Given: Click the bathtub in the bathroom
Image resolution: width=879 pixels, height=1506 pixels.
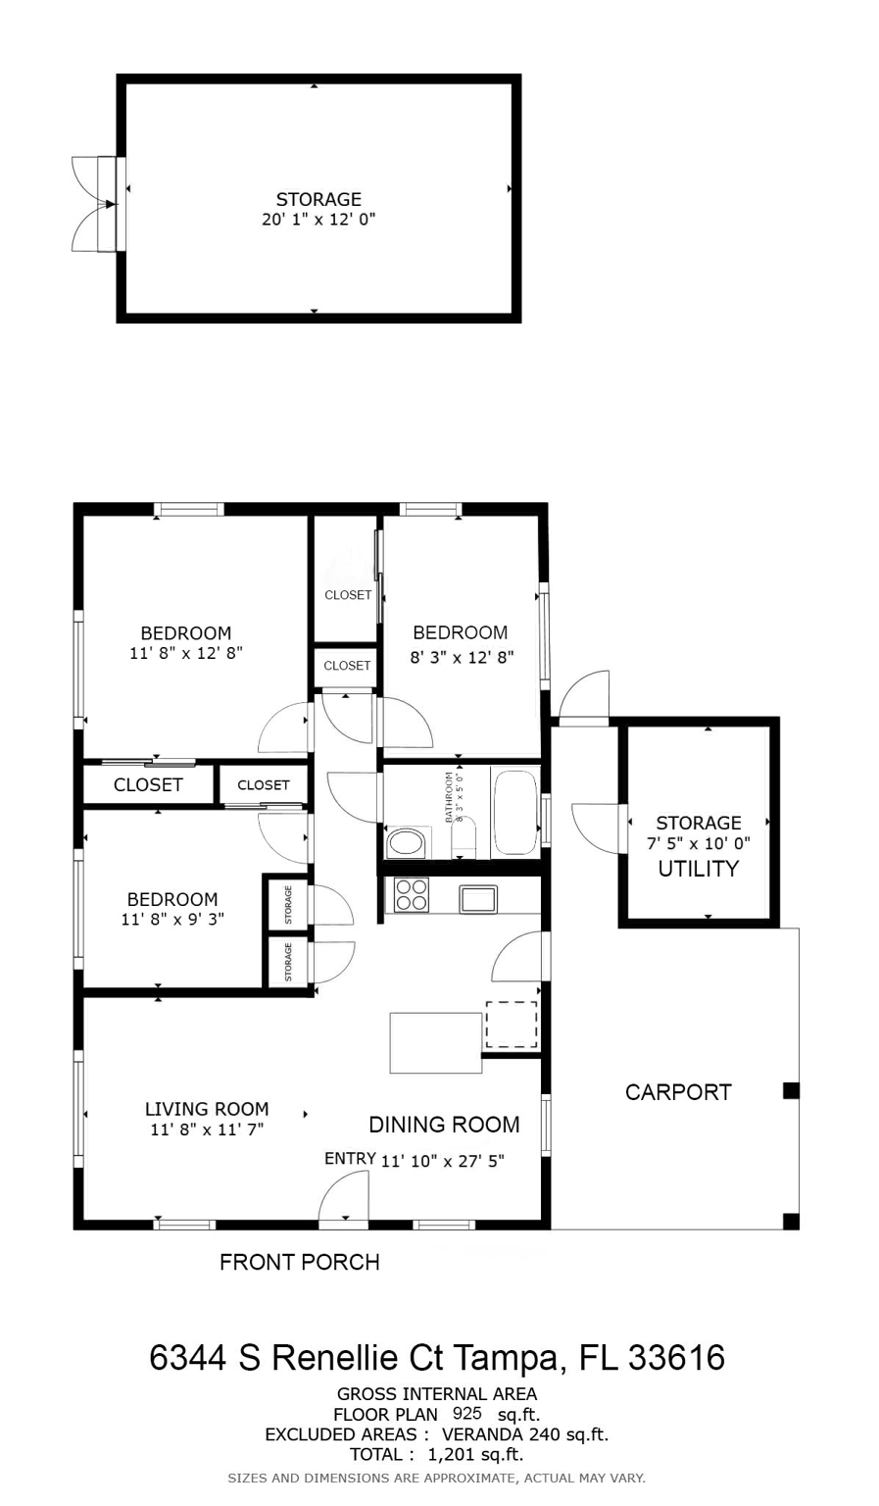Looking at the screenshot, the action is pyautogui.click(x=515, y=812).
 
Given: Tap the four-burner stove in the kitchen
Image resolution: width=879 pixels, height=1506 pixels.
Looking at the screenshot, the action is pyautogui.click(x=412, y=895).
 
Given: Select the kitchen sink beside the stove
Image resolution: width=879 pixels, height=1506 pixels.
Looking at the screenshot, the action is pyautogui.click(x=478, y=899).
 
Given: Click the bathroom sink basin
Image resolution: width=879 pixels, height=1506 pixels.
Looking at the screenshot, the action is pyautogui.click(x=407, y=843).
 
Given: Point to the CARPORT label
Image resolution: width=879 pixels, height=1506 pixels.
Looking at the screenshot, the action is pyautogui.click(x=678, y=1092).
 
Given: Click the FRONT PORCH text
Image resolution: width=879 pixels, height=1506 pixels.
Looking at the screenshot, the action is pyautogui.click(x=300, y=1262).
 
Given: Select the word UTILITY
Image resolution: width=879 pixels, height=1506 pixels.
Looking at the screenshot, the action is pyautogui.click(x=699, y=869).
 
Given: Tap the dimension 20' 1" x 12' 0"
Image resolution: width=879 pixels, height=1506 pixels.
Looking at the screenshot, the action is pyautogui.click(x=318, y=219).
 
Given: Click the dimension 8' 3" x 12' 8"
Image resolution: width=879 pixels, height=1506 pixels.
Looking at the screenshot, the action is pyautogui.click(x=463, y=657).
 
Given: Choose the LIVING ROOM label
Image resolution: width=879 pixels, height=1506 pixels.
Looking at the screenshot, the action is pyautogui.click(x=207, y=1109).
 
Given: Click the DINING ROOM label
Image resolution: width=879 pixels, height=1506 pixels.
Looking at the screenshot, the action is pyautogui.click(x=444, y=1125).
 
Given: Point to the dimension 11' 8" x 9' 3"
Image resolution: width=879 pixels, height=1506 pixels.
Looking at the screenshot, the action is pyautogui.click(x=172, y=919).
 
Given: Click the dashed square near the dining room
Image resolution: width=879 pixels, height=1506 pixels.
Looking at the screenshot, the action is pyautogui.click(x=512, y=1025).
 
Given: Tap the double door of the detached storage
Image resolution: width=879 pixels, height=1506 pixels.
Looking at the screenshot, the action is pyautogui.click(x=94, y=204).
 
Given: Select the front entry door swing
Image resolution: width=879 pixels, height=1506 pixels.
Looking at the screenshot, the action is pyautogui.click(x=343, y=1200).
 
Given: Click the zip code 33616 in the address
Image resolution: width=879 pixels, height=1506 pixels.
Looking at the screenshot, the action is pyautogui.click(x=676, y=1357).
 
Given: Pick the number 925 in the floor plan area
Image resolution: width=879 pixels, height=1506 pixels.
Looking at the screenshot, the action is pyautogui.click(x=467, y=1413).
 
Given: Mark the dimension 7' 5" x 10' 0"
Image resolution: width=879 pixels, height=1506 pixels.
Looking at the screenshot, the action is pyautogui.click(x=699, y=843).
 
